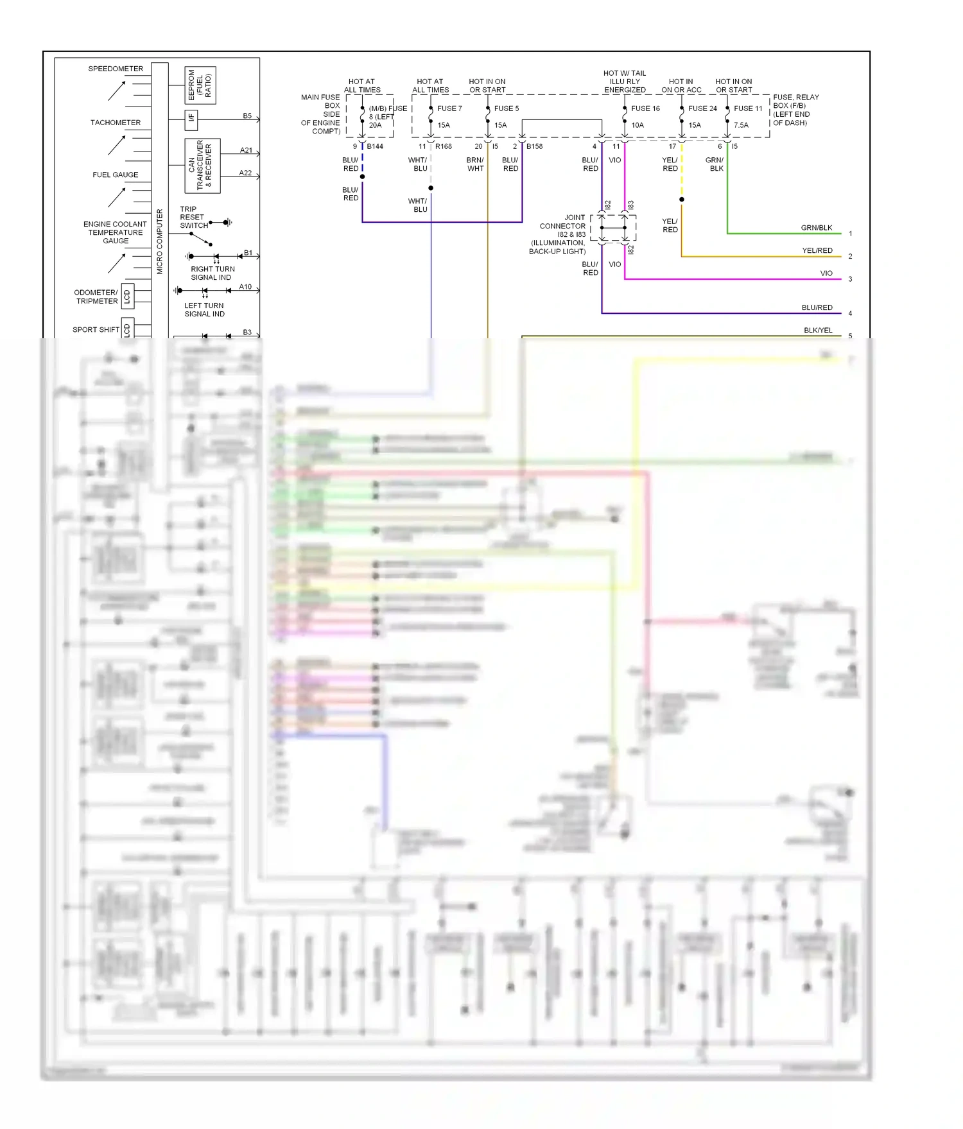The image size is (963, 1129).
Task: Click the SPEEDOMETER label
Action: [x=116, y=69]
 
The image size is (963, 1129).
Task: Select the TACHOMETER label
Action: [x=116, y=123]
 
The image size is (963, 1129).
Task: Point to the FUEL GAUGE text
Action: [x=116, y=175]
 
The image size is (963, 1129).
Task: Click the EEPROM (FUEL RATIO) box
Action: [x=200, y=85]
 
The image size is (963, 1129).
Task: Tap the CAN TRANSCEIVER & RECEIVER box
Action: [x=202, y=166]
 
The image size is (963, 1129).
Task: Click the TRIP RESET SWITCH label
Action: [x=193, y=218]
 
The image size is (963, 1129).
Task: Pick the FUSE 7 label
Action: [x=449, y=108]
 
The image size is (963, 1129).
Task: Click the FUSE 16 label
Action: [x=645, y=108]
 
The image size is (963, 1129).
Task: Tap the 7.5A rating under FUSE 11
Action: [x=741, y=125]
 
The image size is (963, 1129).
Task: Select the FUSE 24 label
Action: [x=702, y=108]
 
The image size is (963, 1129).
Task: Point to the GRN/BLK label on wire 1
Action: [x=816, y=228]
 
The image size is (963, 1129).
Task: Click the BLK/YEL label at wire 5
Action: [x=818, y=331]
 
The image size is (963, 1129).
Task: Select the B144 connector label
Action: [x=375, y=146]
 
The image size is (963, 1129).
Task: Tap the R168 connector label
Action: [x=444, y=146]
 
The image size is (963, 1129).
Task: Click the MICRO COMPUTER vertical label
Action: [x=160, y=241]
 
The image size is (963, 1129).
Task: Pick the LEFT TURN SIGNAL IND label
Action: [x=204, y=310]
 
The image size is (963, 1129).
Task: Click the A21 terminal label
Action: [x=246, y=150]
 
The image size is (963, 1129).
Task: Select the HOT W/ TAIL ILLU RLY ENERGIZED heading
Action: [x=625, y=82]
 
